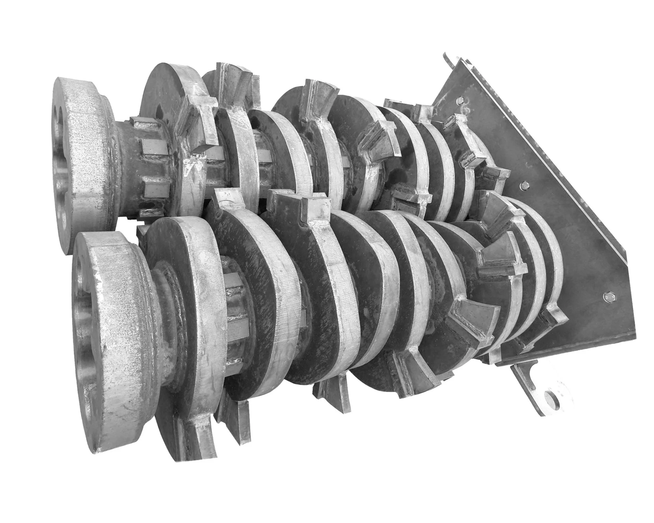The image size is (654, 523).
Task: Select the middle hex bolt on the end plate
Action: click(x=525, y=184)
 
